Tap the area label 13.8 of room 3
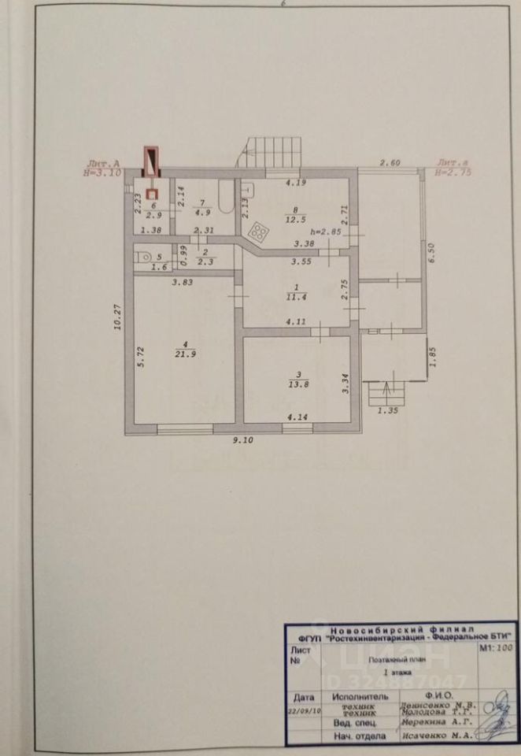[x=297, y=387]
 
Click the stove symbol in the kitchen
[x=257, y=231]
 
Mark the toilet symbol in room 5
[x=143, y=257]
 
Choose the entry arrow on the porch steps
[x=384, y=390]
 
